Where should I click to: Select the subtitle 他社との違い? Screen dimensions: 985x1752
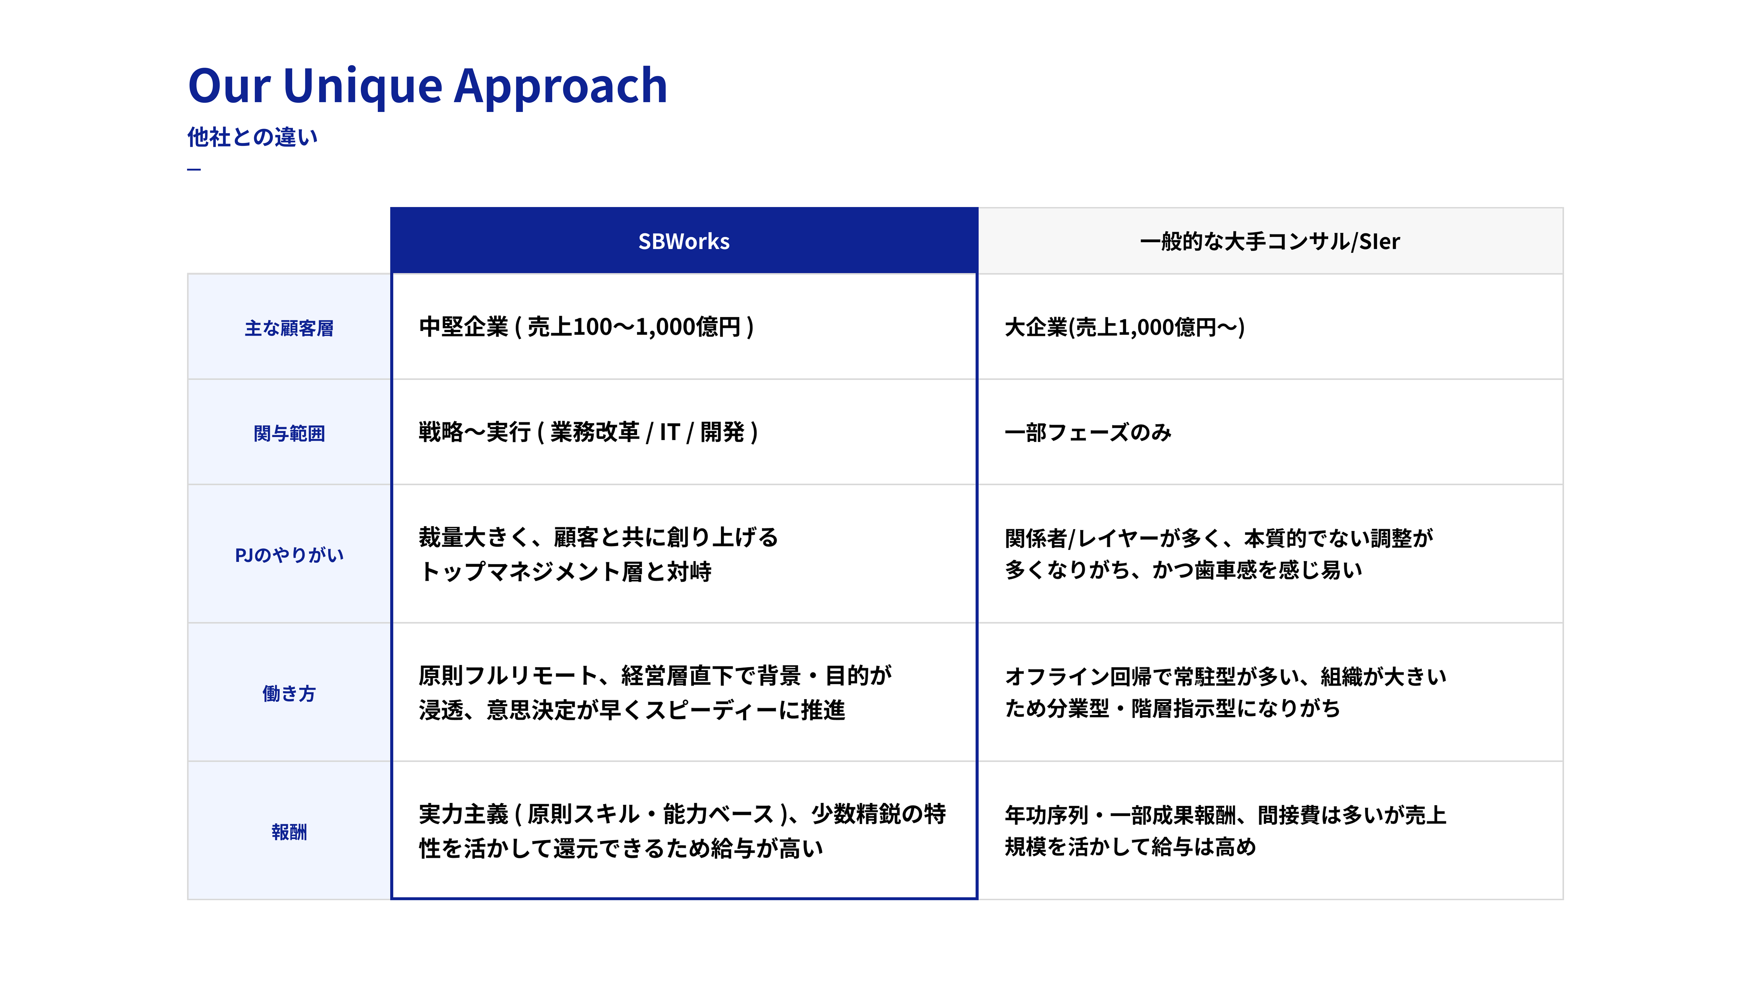point(252,137)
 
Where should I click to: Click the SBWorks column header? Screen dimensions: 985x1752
point(683,241)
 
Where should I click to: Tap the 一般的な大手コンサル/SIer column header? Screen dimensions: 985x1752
point(1270,241)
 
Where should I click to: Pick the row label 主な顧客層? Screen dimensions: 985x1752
point(289,328)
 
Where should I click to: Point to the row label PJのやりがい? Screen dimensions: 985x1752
point(289,555)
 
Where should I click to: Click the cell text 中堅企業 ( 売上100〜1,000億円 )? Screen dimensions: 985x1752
point(586,327)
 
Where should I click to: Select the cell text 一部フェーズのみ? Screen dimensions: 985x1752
point(1088,432)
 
